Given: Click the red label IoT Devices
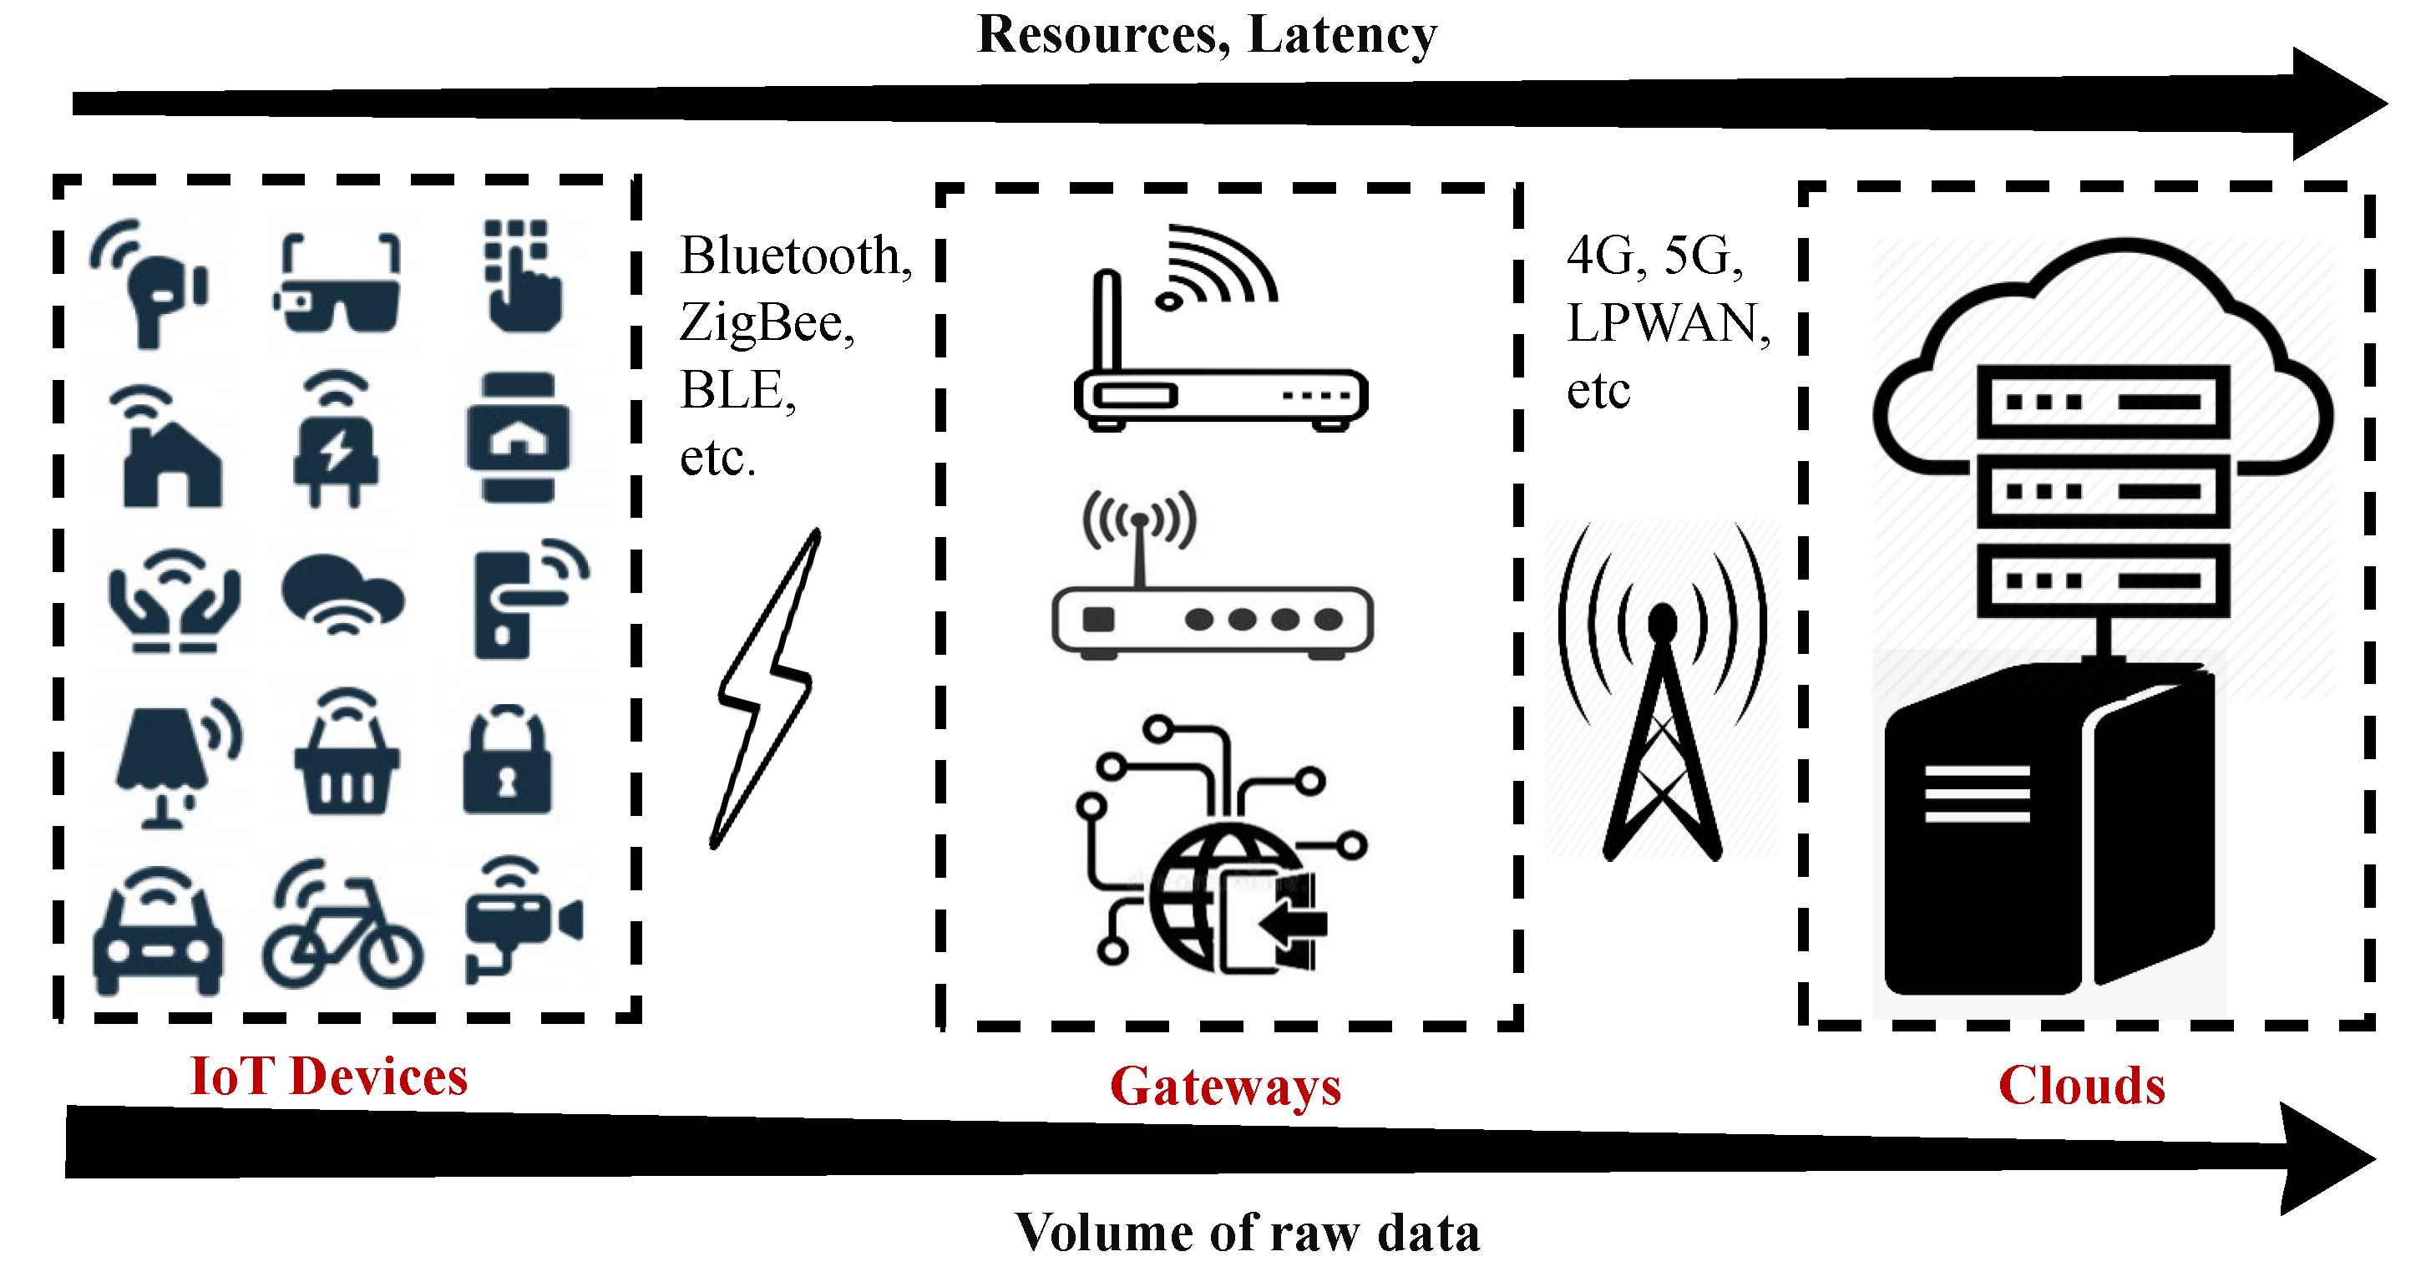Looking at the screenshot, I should [329, 1077].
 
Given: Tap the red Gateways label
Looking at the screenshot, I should [1225, 1087].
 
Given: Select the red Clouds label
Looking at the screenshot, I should [2081, 1085].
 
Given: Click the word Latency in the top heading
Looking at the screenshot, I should [1342, 36].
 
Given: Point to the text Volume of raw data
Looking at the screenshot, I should [1247, 1233].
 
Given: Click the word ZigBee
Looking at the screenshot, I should [765, 324].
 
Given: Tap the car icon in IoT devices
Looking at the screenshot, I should [158, 933].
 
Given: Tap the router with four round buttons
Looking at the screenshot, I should [1213, 617].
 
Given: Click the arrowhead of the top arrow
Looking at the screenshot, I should [2336, 104].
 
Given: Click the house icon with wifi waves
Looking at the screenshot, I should [170, 452].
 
